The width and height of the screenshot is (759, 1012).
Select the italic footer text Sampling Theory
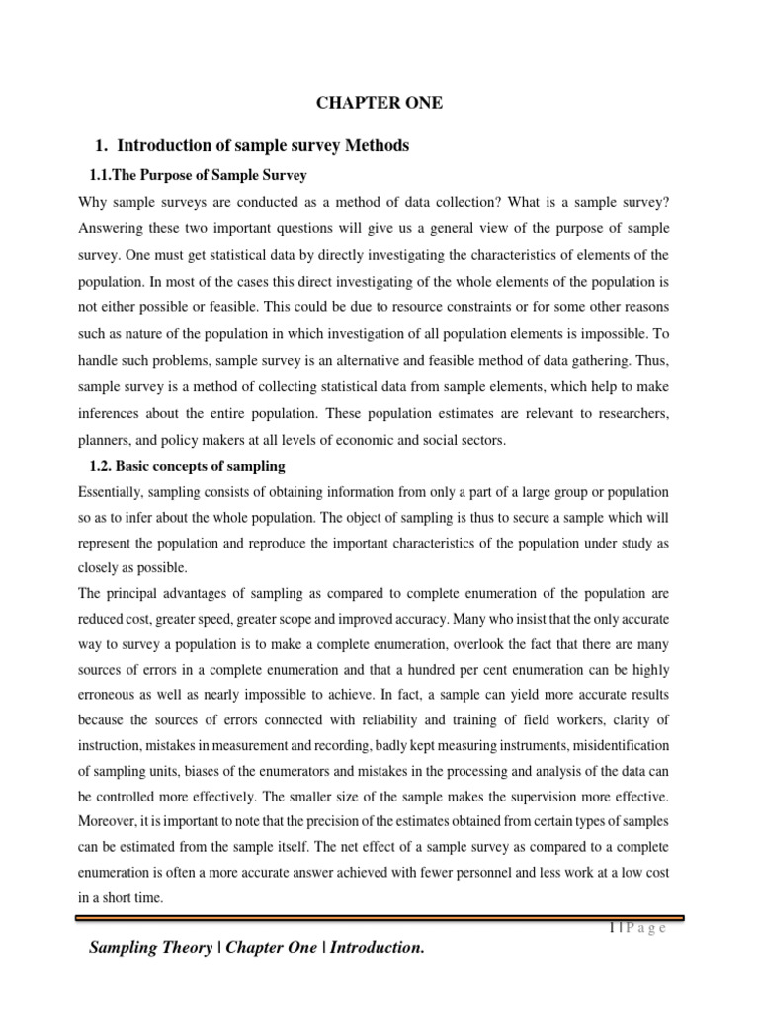pos(150,948)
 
